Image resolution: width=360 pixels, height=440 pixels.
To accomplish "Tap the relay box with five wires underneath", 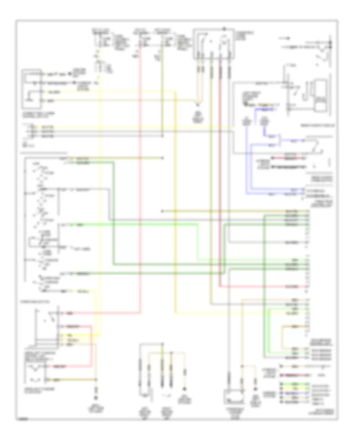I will (214, 42).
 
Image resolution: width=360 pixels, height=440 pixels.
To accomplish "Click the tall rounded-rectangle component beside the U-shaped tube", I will (320, 96).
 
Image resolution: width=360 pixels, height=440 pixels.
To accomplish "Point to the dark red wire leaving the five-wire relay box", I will (220, 72).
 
